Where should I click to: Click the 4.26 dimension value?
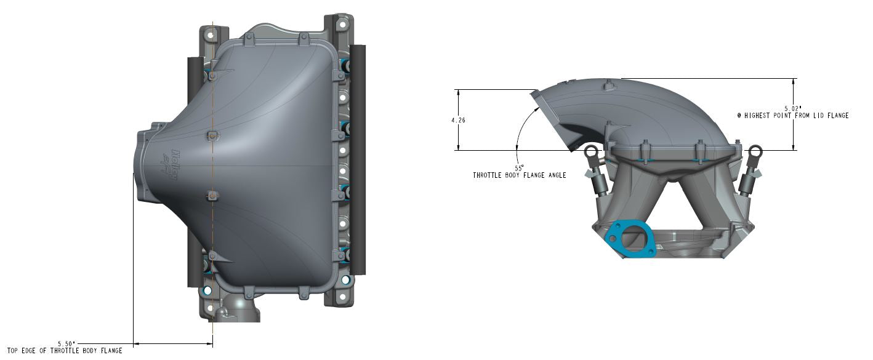[457, 121]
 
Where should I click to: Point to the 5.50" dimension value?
[66, 343]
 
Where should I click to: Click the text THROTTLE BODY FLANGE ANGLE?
[519, 175]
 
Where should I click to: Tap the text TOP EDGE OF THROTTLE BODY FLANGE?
[65, 351]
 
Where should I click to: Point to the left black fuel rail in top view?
[195, 172]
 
